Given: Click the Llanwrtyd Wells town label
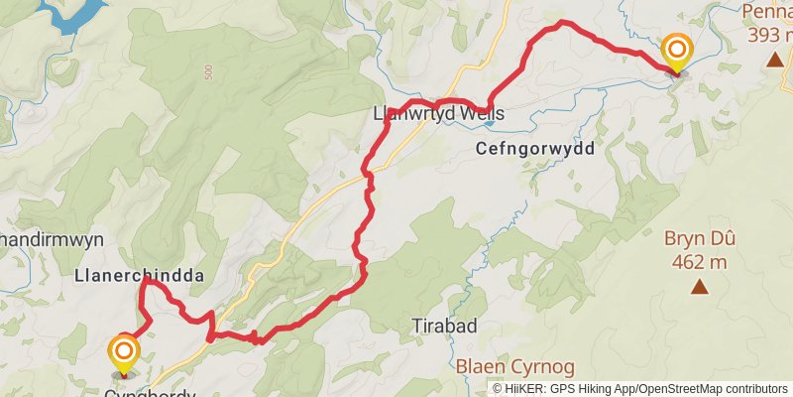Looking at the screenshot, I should click(438, 114).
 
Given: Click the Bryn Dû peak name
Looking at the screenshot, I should click(700, 239).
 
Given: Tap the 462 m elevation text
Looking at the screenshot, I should click(700, 262).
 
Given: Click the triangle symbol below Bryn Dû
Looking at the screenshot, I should click(700, 288).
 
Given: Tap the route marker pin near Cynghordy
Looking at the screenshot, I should click(124, 351).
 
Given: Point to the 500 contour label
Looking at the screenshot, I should click(209, 74).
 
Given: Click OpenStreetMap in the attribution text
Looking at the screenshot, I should click(680, 388).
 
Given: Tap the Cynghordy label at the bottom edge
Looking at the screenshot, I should click(150, 393).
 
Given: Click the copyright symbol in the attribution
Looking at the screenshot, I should click(498, 388).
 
